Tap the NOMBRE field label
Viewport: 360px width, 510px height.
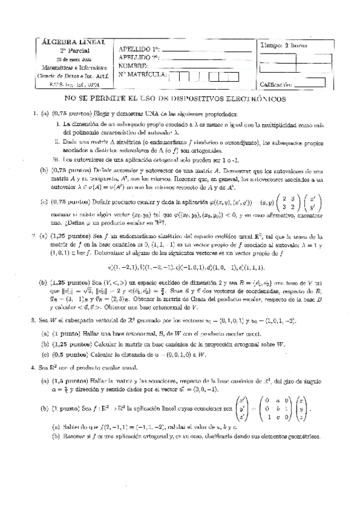(135, 66)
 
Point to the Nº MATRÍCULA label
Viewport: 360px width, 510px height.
(143, 75)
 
